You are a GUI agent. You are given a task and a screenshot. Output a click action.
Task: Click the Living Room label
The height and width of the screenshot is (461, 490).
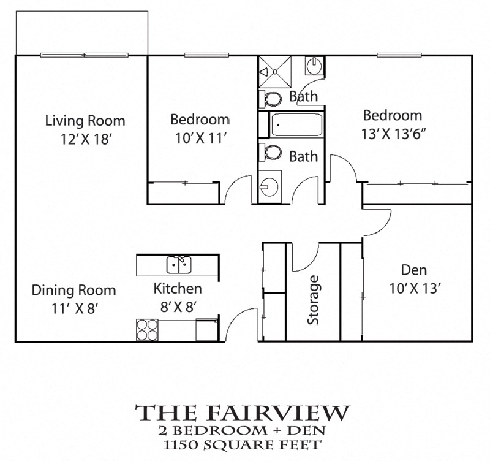85,121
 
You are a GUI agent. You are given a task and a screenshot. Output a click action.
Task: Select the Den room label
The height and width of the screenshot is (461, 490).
414,270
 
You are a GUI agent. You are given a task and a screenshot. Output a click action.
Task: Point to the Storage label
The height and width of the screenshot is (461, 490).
314,300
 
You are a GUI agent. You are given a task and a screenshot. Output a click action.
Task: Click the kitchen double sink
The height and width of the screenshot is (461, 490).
180,265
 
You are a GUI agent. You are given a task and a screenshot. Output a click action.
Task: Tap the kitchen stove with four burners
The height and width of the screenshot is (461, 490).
147,330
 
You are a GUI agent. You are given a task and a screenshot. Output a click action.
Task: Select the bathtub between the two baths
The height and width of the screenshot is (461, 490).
296,126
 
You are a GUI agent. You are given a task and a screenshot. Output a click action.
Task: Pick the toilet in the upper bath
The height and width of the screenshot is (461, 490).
271,98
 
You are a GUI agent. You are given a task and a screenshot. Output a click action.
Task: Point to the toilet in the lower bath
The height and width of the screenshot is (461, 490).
271,151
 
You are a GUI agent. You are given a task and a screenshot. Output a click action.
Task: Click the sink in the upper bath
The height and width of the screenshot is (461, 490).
314,65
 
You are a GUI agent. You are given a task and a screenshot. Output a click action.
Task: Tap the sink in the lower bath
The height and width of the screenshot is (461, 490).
270,185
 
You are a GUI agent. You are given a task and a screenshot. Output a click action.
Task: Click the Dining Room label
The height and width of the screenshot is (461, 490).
73,290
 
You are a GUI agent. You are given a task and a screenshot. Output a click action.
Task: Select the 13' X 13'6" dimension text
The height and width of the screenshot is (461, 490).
393,134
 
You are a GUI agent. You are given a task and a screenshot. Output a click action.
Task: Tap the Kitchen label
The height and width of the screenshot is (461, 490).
178,288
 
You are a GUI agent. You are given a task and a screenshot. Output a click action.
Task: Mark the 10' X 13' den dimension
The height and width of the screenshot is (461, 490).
415,289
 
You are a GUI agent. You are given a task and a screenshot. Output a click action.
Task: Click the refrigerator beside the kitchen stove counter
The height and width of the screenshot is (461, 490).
206,329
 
